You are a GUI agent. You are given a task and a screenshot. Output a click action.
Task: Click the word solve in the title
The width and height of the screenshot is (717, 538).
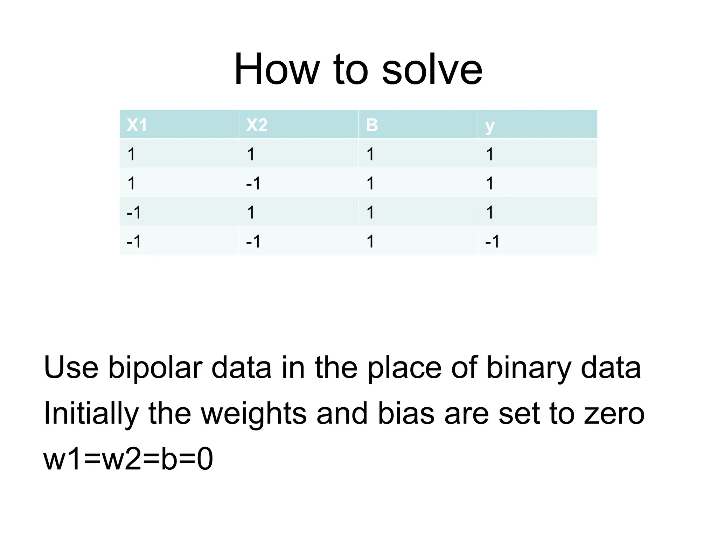432,69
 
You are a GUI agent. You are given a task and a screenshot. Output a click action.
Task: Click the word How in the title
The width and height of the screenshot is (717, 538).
277,69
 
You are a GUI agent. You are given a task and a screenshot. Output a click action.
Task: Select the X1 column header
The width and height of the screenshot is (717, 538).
137,125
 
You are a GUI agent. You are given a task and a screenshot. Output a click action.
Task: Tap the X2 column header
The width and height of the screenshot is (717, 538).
257,125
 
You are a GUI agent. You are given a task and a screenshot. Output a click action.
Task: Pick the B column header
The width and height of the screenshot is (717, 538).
372,125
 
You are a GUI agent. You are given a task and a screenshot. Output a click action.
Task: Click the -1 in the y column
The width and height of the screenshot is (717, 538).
492,241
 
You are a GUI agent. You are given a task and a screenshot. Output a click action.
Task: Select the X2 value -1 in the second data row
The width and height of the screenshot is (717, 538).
253,183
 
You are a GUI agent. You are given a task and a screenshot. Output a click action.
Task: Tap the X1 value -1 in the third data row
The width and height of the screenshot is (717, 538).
134,212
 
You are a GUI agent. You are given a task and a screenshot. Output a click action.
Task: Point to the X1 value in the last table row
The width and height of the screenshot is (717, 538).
134,241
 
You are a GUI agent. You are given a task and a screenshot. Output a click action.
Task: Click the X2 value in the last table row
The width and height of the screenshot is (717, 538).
253,241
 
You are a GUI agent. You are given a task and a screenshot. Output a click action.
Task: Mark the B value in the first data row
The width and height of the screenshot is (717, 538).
370,154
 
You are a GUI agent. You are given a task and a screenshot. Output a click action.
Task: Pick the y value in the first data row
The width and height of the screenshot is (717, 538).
490,154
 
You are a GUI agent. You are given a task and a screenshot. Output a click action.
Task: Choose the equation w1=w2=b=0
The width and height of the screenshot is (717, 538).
128,459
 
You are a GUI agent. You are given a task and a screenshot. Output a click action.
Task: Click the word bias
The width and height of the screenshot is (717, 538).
406,414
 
